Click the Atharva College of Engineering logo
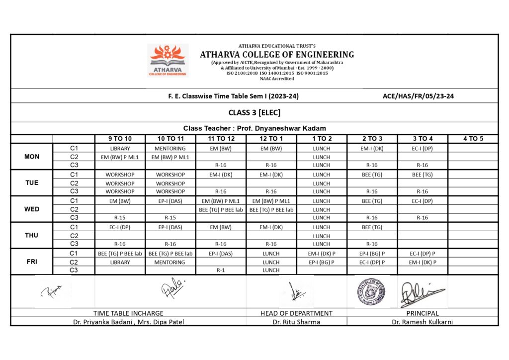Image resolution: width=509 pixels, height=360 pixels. (x=168, y=60)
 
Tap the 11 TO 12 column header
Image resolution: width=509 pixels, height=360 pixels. (x=221, y=139)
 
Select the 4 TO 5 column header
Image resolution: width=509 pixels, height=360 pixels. (x=473, y=139)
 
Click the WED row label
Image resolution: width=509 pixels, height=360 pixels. (x=32, y=209)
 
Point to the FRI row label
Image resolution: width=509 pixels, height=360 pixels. (x=32, y=262)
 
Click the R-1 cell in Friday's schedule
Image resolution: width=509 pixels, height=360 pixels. (x=221, y=270)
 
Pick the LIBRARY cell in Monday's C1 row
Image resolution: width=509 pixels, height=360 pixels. (x=120, y=148)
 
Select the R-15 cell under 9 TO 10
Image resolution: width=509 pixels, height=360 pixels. (x=120, y=217)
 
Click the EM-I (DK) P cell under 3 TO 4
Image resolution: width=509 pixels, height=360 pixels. (x=423, y=262)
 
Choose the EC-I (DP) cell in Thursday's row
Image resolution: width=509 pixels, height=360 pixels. (x=120, y=227)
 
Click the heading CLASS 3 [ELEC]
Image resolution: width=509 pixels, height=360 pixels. (x=254, y=112)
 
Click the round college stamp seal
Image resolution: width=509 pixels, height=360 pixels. (x=371, y=292)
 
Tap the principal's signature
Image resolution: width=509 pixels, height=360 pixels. (x=422, y=293)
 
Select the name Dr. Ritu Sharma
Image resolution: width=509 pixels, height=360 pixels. (x=296, y=322)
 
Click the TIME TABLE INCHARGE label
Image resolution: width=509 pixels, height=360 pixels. (x=128, y=313)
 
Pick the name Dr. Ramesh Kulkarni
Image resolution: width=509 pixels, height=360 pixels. (x=422, y=322)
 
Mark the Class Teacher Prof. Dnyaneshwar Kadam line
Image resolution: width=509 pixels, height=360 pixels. (x=254, y=128)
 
